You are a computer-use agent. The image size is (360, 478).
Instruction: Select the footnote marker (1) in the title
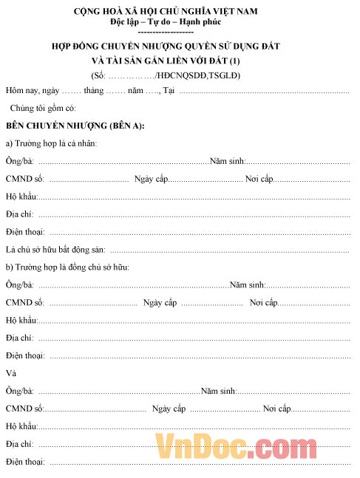click(235, 60)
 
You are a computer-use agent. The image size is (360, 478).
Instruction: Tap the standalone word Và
click(10, 373)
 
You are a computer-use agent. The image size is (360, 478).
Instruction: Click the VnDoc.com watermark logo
click(236, 448)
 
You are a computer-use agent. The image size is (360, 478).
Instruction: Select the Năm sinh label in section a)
click(227, 161)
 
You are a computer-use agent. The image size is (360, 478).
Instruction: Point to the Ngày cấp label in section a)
click(152, 179)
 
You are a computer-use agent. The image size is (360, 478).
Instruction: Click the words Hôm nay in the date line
click(21, 91)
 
